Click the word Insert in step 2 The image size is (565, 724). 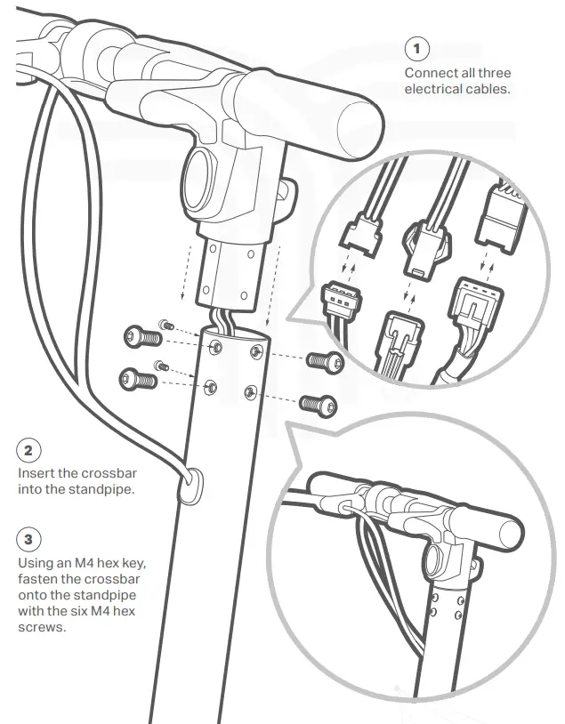pos(36,473)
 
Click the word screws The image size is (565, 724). pos(42,627)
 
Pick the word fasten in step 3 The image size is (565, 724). pos(40,579)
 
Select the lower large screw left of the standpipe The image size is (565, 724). pos(137,380)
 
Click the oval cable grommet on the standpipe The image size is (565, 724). pos(189,487)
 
